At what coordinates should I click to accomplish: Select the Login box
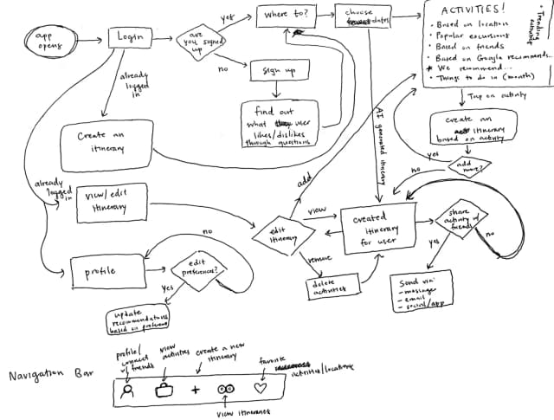[x=132, y=36]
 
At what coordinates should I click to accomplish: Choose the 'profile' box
[x=105, y=269]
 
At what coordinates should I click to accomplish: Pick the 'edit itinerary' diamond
[x=278, y=234]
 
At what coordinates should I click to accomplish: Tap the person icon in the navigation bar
[x=128, y=390]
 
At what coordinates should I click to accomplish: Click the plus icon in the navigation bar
[x=195, y=390]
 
